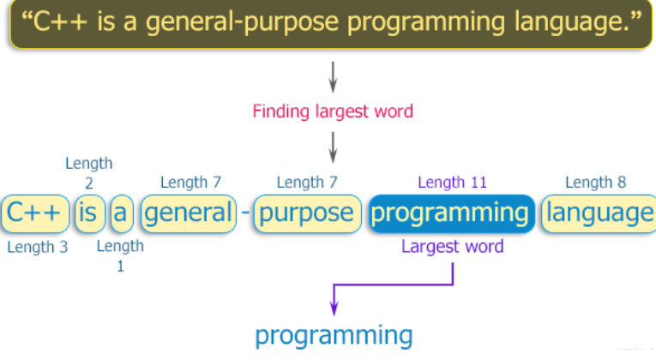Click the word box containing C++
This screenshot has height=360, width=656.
[34, 213]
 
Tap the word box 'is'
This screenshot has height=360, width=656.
[87, 213]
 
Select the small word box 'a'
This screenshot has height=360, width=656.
[121, 213]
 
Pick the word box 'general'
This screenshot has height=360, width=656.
[188, 213]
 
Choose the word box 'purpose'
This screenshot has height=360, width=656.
[306, 213]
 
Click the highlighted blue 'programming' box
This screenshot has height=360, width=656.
[451, 213]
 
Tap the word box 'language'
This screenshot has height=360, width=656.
[599, 213]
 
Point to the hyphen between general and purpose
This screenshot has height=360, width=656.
[245, 213]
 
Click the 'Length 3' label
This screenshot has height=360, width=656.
[37, 248]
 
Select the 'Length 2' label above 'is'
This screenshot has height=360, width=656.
[88, 172]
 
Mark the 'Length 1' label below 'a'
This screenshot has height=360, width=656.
[120, 256]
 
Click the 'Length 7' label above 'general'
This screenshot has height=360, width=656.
[190, 182]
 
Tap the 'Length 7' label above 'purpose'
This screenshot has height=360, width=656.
[307, 182]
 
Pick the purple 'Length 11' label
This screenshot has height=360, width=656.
[453, 182]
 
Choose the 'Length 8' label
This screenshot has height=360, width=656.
[596, 182]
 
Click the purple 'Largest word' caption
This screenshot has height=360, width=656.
[453, 247]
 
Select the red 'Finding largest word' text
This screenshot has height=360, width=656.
[333, 111]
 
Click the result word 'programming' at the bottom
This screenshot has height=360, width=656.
[334, 334]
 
